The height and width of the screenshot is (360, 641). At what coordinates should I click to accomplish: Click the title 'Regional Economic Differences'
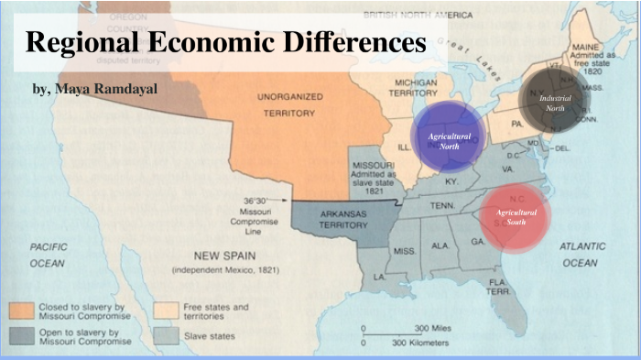pyautogui.click(x=226, y=43)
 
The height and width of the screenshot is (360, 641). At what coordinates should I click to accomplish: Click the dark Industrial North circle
pyautogui.click(x=552, y=103)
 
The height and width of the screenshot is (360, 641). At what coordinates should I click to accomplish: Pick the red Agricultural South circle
pyautogui.click(x=516, y=216)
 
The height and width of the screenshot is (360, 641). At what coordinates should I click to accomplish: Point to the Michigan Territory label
pyautogui.click(x=417, y=88)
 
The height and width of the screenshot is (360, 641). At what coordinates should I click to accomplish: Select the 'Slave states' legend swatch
pyautogui.click(x=166, y=336)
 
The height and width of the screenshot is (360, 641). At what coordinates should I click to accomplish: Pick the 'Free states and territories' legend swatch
pyautogui.click(x=166, y=311)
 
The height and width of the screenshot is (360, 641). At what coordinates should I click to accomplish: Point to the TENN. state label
pyautogui.click(x=442, y=204)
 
